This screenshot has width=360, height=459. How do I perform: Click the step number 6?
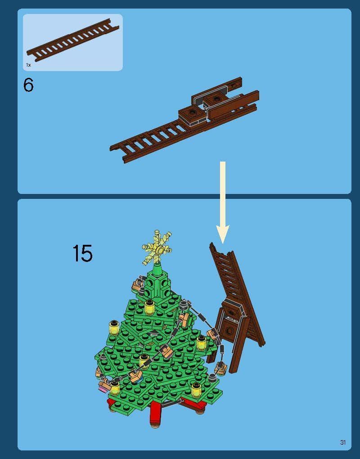tap(28, 85)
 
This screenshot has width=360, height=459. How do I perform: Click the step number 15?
tap(82, 253)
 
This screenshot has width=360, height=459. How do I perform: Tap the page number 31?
tap(343, 442)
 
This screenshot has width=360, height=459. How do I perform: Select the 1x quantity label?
tap(28, 65)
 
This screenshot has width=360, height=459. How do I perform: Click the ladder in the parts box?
tap(72, 40)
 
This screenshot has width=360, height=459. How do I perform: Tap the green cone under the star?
tap(157, 270)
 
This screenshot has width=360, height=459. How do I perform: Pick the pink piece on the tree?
tap(103, 389)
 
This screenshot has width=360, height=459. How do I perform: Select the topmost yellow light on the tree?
tap(149, 307)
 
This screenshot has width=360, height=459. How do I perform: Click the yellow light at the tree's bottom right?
tap(196, 390)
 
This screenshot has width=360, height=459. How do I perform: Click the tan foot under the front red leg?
tap(155, 424)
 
